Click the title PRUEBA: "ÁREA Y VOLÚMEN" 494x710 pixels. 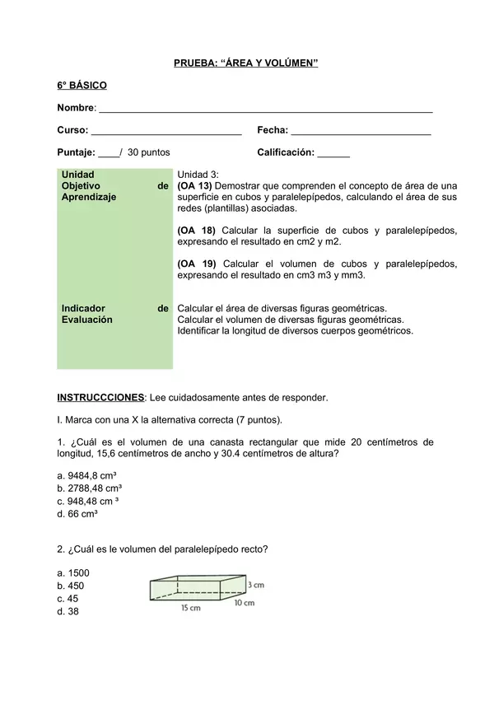[x=245, y=63]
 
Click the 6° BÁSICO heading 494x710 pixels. [x=82, y=86]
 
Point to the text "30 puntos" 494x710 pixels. [x=149, y=153]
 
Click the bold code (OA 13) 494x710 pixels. [x=194, y=186]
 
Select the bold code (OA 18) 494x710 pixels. [x=196, y=231]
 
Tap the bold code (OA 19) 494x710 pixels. [x=196, y=264]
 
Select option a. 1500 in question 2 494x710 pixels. [x=73, y=573]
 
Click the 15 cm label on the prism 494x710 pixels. [x=190, y=609]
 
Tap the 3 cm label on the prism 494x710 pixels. [x=256, y=585]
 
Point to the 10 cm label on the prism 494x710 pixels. [x=244, y=603]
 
